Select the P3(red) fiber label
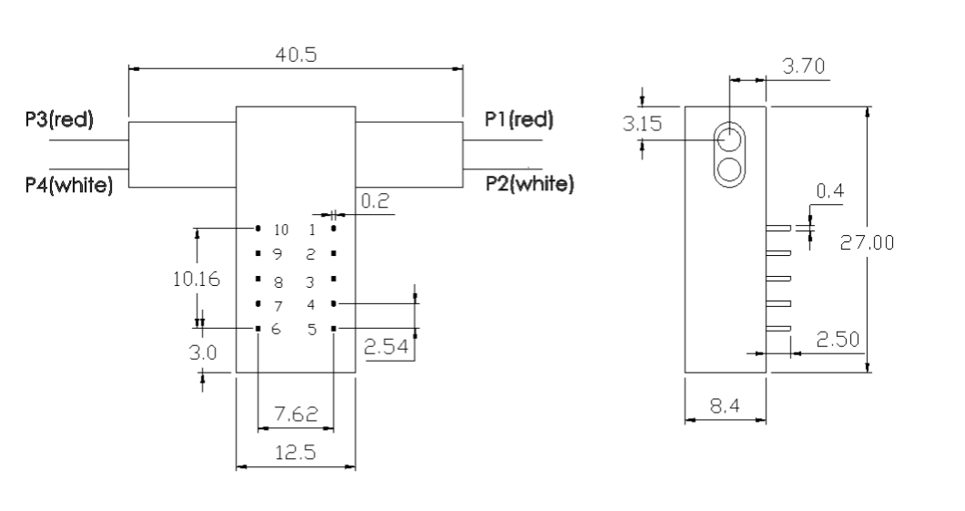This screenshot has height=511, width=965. coord(59,120)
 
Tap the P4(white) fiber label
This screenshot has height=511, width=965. coord(69,186)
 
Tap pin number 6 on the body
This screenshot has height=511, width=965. coord(276,329)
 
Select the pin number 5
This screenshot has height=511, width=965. coord(311,329)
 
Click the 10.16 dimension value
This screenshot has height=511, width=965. coord(195,279)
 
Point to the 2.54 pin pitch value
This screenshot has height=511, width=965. coord(388,347)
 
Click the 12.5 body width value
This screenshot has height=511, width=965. coord(295,454)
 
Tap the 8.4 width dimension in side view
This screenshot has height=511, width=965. coord(725,406)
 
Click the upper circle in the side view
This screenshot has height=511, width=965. coord(728,139)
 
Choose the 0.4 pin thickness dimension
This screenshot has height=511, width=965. coord(829,191)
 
